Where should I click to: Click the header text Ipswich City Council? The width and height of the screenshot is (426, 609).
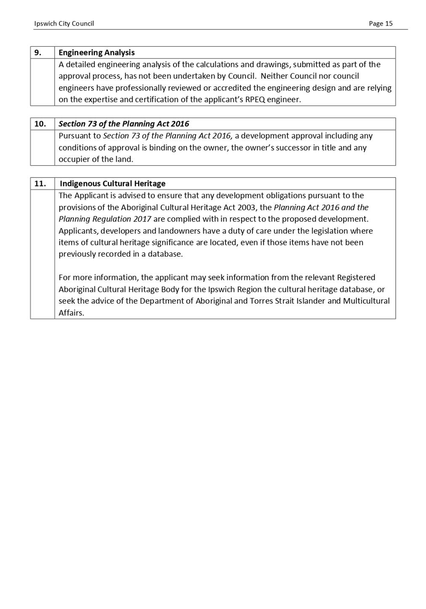(64, 24)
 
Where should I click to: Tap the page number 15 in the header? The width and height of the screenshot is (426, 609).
(389, 24)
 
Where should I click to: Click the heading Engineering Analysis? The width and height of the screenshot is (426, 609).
(96, 53)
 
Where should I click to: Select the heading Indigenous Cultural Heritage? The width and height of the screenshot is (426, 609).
(112, 183)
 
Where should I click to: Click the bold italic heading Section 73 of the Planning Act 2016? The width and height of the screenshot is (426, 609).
(124, 124)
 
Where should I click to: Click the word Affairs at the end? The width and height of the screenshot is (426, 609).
(71, 313)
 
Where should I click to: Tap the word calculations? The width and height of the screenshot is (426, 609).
(217, 64)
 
